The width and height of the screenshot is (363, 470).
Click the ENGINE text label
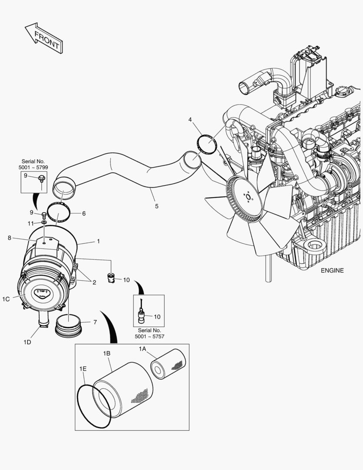pos(332,270)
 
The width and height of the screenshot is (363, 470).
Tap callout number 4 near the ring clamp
pos(190,119)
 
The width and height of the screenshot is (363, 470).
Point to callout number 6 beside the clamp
pos(83,214)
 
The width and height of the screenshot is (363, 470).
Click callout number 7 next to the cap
pos(95,322)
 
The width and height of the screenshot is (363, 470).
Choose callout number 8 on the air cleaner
pos(9,238)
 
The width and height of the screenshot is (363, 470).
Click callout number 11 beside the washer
pos(30,223)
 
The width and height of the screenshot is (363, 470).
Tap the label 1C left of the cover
pos(6,299)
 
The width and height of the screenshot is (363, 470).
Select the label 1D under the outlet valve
pos(27,342)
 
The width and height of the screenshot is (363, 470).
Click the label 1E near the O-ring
pos(83,369)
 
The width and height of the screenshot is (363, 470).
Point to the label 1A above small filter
pos(142,349)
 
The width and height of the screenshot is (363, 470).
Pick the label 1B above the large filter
pos(107,353)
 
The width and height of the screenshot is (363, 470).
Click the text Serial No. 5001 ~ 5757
pos(149,333)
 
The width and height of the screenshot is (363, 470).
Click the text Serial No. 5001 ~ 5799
pos(33,164)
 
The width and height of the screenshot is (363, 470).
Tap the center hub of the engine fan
pos(248,197)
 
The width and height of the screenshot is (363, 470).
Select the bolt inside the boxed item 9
pos(41,178)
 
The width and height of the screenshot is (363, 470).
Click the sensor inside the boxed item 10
pos(142,316)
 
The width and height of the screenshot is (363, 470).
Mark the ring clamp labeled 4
pos(207,144)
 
